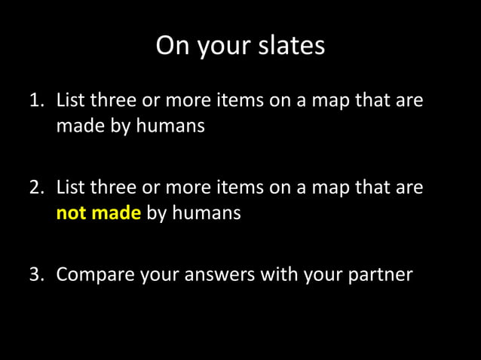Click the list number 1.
[x=35, y=101]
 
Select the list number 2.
[x=35, y=188]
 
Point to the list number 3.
[x=35, y=274]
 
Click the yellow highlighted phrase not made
[x=99, y=213]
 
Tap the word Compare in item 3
[x=95, y=274]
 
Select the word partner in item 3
[x=380, y=274]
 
